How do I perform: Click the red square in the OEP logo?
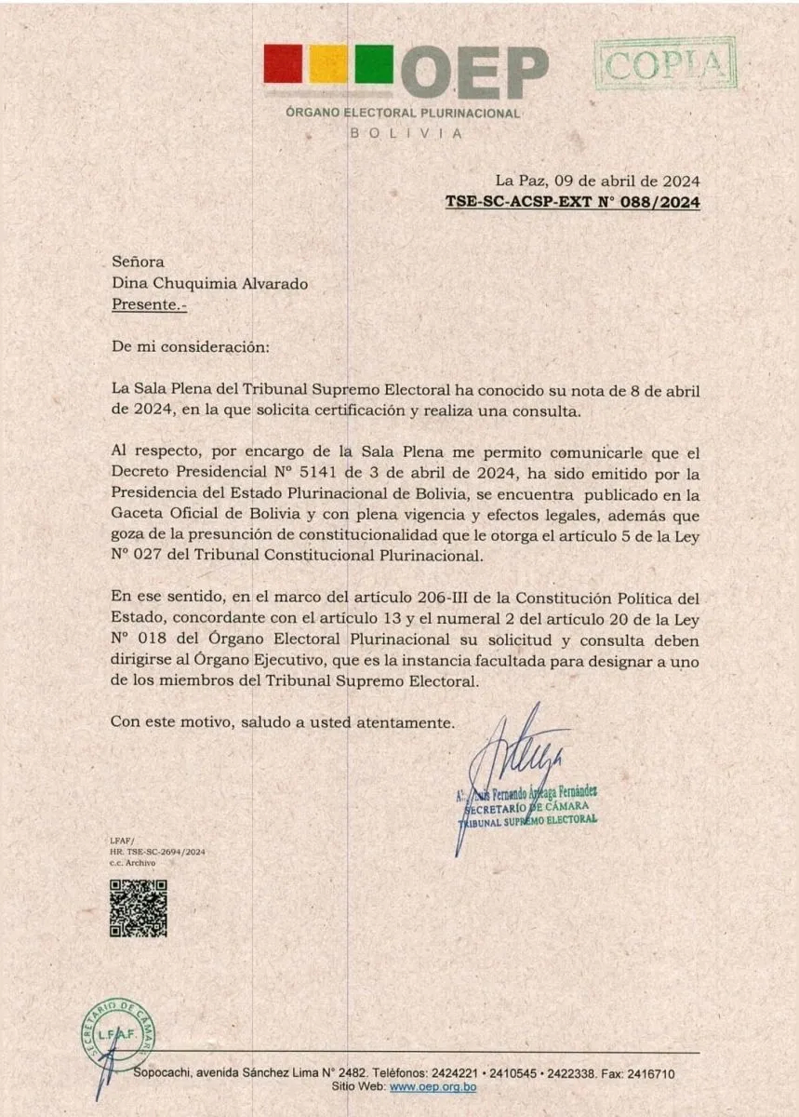coord(283,64)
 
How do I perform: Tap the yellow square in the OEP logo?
coord(327,64)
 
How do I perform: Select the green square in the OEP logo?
coord(373,64)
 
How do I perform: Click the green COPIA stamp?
coord(664,63)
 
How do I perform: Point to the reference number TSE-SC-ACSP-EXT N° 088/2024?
coord(572,201)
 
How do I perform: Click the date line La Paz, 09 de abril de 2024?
coord(597,181)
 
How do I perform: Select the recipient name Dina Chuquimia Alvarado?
coord(209,283)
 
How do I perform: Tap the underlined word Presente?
coord(142,303)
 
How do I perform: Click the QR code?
coord(138,908)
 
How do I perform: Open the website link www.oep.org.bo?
coord(433,1087)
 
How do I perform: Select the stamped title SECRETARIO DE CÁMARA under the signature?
coord(526,806)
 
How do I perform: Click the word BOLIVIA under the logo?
coord(404,132)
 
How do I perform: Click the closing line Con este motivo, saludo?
coord(282,721)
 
